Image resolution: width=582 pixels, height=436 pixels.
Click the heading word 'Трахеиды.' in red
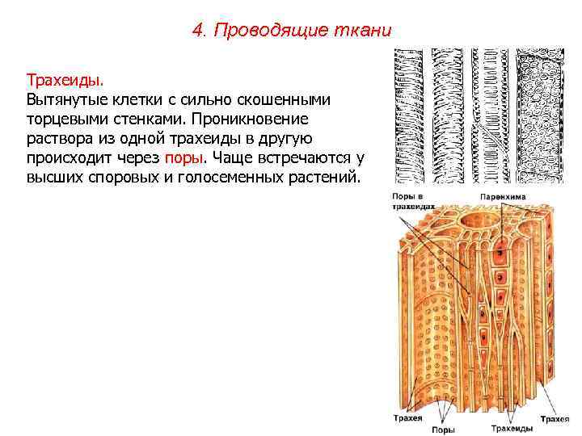(65, 81)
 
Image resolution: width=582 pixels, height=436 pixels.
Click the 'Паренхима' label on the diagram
(502, 196)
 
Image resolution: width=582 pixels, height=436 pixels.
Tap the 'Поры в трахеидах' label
(410, 202)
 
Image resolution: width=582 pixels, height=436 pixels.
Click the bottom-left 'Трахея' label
(407, 419)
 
